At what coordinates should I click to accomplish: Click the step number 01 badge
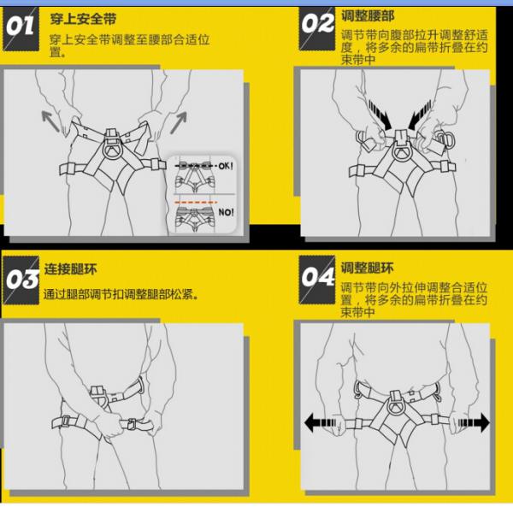click(x=21, y=29)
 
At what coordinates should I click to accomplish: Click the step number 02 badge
click(x=317, y=28)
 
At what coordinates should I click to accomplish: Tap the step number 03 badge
click(x=21, y=280)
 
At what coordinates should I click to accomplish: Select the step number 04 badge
click(x=317, y=280)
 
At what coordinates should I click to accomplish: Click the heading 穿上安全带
click(x=83, y=19)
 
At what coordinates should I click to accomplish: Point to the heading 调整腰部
click(x=368, y=15)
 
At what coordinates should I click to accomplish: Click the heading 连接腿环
click(x=70, y=269)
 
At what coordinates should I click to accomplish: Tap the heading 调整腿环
click(x=367, y=268)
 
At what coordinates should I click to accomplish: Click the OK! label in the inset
click(x=226, y=166)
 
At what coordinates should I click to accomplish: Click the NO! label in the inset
click(x=226, y=212)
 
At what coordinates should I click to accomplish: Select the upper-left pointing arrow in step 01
click(x=50, y=121)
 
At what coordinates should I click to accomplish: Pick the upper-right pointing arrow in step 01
click(x=179, y=122)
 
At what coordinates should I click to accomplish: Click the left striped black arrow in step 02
click(x=380, y=115)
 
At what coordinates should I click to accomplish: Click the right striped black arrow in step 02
click(x=420, y=115)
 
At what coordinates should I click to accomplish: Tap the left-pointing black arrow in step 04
click(x=321, y=422)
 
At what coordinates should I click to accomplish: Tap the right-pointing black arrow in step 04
click(x=474, y=422)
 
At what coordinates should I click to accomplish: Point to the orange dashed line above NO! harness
click(x=196, y=203)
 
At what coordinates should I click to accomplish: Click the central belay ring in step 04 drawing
click(x=396, y=406)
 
